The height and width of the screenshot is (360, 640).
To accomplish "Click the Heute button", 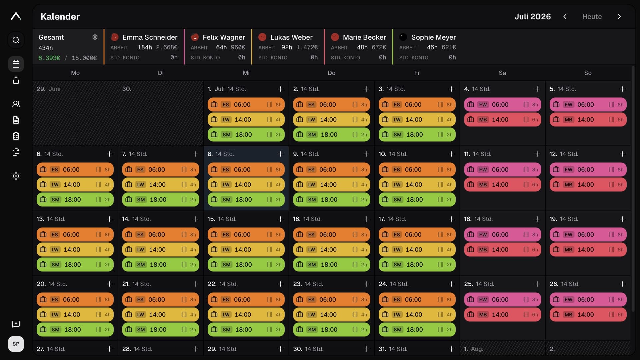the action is click(x=592, y=17).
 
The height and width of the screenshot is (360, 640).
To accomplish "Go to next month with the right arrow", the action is click(x=619, y=17).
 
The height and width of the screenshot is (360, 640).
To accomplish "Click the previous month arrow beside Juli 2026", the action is click(x=565, y=17).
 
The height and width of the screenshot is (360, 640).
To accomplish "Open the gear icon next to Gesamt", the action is click(x=95, y=37).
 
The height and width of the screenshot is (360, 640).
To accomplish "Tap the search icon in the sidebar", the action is click(x=16, y=40).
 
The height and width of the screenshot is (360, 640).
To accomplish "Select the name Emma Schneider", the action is click(x=150, y=37).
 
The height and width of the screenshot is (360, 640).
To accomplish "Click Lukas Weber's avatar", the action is click(x=263, y=37).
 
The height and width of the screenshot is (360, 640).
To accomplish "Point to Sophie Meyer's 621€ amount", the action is click(x=449, y=47).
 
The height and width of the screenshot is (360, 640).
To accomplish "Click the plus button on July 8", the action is click(x=281, y=154).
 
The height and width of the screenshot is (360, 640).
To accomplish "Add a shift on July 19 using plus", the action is click(x=623, y=219).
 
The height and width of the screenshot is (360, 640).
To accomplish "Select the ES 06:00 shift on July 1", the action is click(x=246, y=105).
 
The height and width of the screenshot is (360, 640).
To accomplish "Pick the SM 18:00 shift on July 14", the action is click(x=161, y=265).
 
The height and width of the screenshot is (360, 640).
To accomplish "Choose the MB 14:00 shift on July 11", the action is click(x=503, y=185).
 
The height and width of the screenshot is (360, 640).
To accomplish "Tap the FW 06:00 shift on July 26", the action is click(x=588, y=300).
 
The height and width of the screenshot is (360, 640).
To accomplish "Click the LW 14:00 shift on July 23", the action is click(x=332, y=315).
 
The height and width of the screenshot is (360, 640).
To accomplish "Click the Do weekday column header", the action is click(x=332, y=73).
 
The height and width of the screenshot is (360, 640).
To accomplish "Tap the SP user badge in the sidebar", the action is click(x=16, y=344).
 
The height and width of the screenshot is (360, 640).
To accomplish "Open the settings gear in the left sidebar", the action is click(x=16, y=176).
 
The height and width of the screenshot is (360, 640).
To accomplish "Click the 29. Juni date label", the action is click(x=49, y=89).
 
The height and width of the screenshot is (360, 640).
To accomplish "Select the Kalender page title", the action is click(x=60, y=17).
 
